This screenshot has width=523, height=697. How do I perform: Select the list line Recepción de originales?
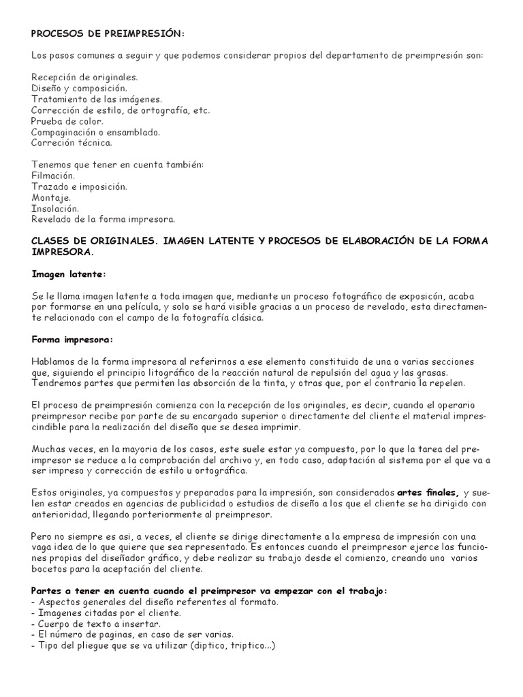coord(84,78)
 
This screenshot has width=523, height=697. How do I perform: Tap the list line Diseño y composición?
coord(79,88)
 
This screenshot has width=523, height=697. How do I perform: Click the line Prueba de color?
coord(66,121)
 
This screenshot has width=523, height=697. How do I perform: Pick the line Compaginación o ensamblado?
coord(96,132)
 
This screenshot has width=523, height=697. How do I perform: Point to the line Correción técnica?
coord(72,143)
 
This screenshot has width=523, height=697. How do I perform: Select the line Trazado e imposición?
coord(79,187)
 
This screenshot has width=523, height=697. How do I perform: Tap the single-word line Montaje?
coord(51,197)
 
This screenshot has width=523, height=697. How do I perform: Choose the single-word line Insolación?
coord(55,208)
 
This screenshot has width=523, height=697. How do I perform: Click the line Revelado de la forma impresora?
coord(104,219)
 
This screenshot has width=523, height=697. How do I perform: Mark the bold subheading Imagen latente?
coord(69,274)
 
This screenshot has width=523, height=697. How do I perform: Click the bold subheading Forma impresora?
coord(72,339)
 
